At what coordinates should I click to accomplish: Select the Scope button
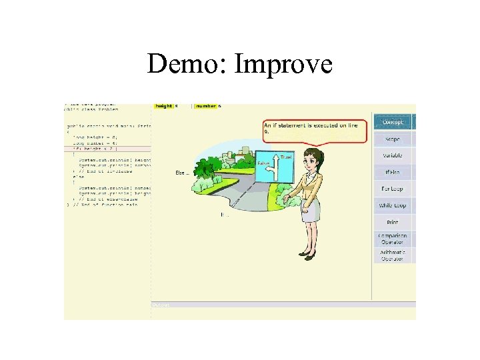coord(393,139)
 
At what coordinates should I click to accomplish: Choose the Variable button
coord(393,155)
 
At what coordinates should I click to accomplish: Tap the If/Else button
coord(393,172)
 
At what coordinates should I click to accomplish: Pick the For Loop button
coord(393,189)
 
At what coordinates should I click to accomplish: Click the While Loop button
coord(393,205)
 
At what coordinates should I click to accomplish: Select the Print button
coord(393,222)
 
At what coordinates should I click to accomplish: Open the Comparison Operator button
coord(393,239)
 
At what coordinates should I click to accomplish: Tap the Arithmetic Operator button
coord(393,255)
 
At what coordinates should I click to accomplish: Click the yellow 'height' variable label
coord(164,106)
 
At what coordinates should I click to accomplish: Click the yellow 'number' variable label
coord(206,106)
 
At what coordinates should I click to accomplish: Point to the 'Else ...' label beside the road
coord(182,173)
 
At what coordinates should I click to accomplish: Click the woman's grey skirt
coord(311,211)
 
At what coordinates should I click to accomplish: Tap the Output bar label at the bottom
coord(161,305)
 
